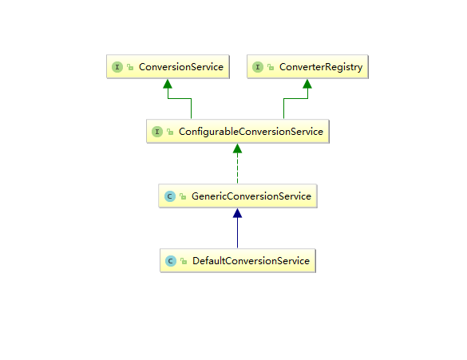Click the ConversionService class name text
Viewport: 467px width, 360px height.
[x=181, y=67]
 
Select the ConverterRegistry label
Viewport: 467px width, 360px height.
[x=321, y=67]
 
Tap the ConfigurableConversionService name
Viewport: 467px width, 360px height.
[x=251, y=132]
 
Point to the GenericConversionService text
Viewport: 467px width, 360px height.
[x=251, y=196]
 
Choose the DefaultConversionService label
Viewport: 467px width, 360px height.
[x=251, y=261]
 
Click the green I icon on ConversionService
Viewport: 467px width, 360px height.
[x=117, y=67]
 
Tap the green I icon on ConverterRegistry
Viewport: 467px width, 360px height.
[x=258, y=67]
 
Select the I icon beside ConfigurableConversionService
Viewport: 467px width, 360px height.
[x=157, y=132]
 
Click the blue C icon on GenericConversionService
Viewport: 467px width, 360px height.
[x=170, y=196]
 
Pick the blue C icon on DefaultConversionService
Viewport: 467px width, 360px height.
[x=171, y=261]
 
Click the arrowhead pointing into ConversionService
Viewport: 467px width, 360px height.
[x=168, y=84]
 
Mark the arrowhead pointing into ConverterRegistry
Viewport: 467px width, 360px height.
[x=307, y=84]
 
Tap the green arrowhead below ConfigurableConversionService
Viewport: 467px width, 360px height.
[x=237, y=148]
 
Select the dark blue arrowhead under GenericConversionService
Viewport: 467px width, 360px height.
[x=237, y=213]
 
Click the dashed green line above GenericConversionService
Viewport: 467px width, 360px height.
[x=237, y=168]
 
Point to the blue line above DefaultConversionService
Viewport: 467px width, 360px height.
[x=237, y=233]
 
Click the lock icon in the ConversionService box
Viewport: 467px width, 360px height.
[x=130, y=67]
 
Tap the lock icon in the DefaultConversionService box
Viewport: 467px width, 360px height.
[x=184, y=261]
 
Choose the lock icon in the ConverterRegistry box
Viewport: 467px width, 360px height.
[x=271, y=67]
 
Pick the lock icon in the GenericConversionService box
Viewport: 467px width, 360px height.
[x=183, y=196]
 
